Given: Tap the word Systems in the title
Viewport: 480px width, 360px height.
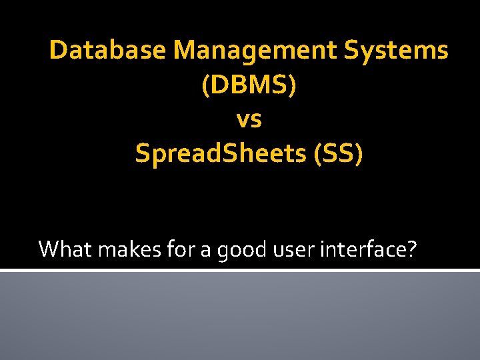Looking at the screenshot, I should click(399, 51).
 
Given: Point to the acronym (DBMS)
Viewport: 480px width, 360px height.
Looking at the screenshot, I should click(249, 85).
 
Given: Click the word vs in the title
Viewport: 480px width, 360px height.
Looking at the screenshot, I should click(249, 121).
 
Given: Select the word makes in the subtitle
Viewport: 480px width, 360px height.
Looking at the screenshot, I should click(119, 249).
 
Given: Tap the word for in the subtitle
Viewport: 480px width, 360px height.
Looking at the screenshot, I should click(167, 249).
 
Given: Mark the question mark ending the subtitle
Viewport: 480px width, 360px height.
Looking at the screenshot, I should click(411, 249).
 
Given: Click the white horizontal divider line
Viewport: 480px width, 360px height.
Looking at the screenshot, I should click(240, 270).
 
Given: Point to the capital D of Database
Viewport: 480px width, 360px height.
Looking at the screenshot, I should click(58, 51).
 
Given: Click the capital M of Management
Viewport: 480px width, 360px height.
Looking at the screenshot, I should click(188, 51).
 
